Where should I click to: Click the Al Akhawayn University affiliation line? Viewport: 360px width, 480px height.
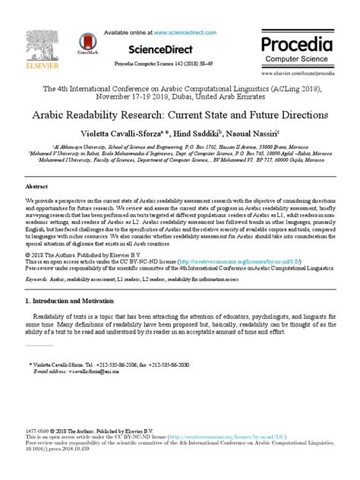[180, 151]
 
